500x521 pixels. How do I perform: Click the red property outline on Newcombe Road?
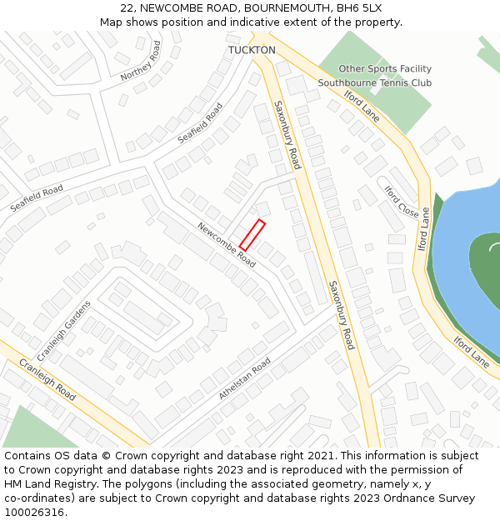pyautogui.click(x=252, y=234)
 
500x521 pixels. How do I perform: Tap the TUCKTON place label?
pyautogui.click(x=252, y=50)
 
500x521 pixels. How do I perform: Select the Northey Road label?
pyautogui.click(x=141, y=61)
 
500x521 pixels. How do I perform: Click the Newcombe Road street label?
pyautogui.click(x=226, y=244)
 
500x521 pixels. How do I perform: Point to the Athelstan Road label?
pyautogui.click(x=245, y=378)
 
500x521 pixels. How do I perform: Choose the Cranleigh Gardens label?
pyautogui.click(x=52, y=330)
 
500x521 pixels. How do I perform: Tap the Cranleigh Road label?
pyautogui.click(x=47, y=381)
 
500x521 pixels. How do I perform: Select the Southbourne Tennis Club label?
pyautogui.click(x=375, y=83)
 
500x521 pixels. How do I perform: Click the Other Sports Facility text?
pyautogui.click(x=385, y=68)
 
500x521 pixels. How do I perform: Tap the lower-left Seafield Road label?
pyautogui.click(x=36, y=198)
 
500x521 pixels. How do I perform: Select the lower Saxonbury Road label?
pyautogui.click(x=342, y=314)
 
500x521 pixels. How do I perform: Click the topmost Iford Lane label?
pyautogui.click(x=362, y=106)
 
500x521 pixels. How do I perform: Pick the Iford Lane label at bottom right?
pyautogui.click(x=472, y=351)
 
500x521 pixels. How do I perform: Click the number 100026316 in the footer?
pyautogui.click(x=35, y=512)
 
